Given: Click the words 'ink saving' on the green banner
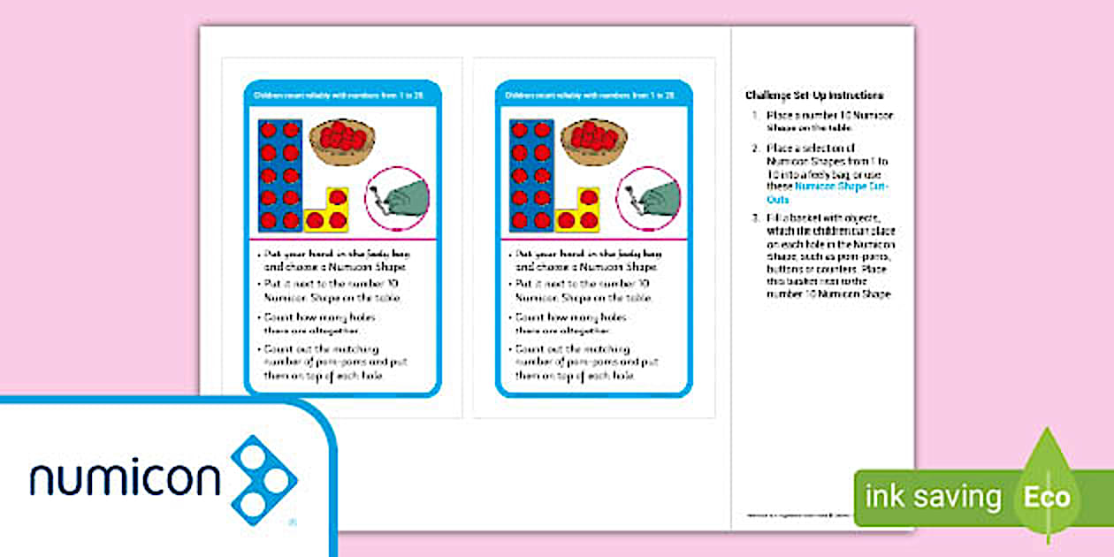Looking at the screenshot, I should [x=933, y=497].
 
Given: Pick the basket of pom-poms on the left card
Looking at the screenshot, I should [x=340, y=140].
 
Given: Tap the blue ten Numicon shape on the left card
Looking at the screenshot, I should [x=279, y=176].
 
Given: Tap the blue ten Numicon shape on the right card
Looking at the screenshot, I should [x=531, y=176].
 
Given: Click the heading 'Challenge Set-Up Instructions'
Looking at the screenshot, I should [x=814, y=95].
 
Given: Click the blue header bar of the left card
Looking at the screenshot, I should [x=340, y=94].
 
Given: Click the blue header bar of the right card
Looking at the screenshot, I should [x=593, y=94].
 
